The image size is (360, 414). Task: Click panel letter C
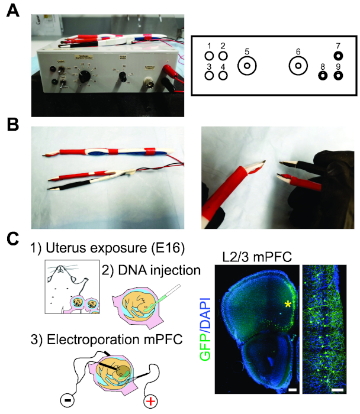[x=11, y=240]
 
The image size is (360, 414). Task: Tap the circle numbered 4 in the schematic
[x=223, y=76]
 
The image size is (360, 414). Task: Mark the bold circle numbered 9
[x=338, y=76]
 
